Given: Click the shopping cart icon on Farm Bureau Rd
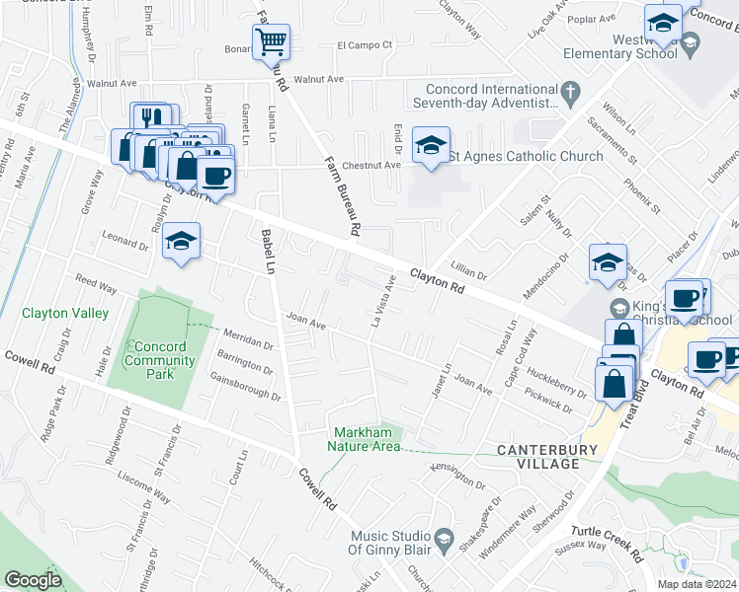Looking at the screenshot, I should point(271,42).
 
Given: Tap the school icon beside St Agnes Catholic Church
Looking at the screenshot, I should point(431,146).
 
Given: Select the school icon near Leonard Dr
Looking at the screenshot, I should point(182,241).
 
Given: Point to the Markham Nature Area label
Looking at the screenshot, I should point(368,440).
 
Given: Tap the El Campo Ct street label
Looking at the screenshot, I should point(365,44).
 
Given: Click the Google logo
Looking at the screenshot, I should point(33,580).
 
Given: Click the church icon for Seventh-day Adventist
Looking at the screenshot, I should point(570,94).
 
